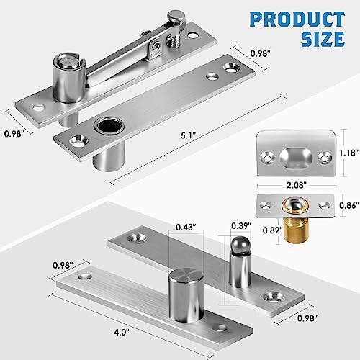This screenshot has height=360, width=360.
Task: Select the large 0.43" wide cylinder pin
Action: point(184,288)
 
